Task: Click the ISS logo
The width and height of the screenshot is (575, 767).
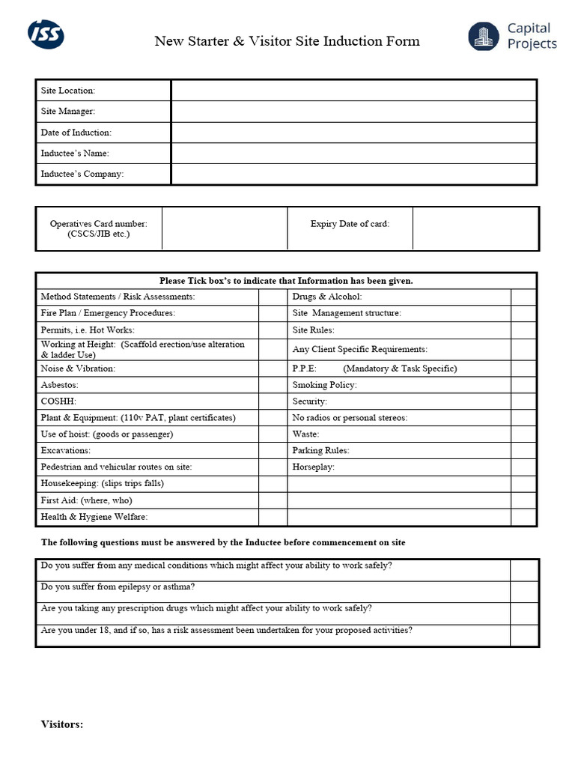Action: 46,34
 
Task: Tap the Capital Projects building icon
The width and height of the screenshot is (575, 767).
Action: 484,37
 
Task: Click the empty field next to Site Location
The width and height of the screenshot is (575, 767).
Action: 353,91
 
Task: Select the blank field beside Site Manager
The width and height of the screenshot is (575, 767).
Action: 353,112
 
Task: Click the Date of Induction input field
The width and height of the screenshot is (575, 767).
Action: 353,133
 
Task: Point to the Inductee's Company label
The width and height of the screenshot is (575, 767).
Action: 82,175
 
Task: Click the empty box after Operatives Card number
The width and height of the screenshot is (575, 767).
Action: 225,228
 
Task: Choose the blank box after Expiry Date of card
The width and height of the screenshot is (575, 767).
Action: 475,228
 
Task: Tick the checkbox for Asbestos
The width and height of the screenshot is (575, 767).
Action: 273,385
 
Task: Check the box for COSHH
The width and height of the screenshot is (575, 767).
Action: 273,401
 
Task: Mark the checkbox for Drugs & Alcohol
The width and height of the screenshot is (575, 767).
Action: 523,297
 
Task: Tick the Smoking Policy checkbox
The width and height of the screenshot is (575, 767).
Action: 523,385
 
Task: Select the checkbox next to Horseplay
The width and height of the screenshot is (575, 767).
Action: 523,467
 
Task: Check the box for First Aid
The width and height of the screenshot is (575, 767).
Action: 273,500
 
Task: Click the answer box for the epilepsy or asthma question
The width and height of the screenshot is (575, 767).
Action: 524,592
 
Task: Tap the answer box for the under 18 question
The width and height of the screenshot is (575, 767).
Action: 524,635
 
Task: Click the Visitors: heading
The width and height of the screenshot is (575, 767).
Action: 61,724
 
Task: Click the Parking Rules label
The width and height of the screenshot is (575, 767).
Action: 320,451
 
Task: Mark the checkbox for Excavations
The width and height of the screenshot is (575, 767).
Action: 273,451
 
